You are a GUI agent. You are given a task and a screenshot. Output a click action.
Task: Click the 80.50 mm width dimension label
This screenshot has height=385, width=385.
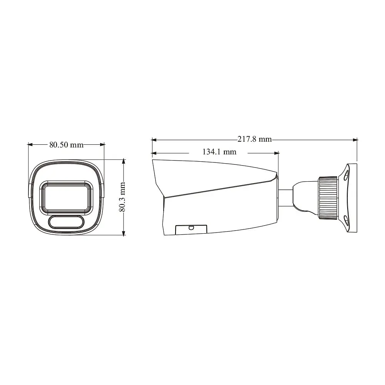click(x=66, y=145)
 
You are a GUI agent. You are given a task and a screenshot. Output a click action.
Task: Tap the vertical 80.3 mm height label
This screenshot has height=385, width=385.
click(x=122, y=197)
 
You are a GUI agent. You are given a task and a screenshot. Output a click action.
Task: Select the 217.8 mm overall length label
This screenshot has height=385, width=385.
click(x=254, y=139)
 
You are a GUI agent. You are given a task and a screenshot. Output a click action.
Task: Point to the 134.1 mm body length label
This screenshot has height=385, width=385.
click(x=219, y=152)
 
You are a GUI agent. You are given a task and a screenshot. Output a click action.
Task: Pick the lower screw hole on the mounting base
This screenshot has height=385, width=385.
click(x=346, y=220)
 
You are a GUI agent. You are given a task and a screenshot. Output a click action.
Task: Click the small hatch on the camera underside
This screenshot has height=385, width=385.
click(x=191, y=229)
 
